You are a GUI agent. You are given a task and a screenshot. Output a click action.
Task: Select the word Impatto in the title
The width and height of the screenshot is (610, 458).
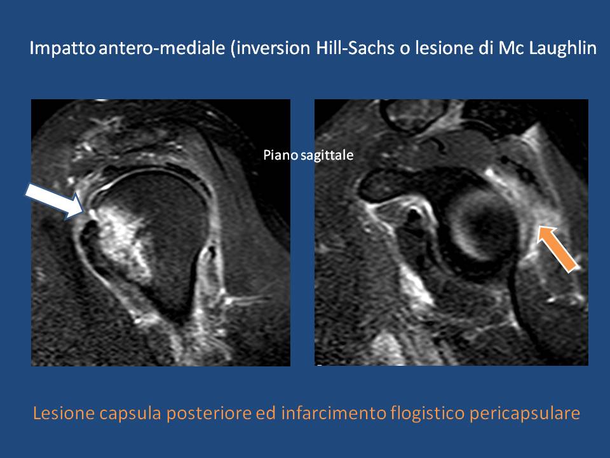point(62,48)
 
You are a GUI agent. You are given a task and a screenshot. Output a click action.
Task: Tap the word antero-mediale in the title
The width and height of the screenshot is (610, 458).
point(162,48)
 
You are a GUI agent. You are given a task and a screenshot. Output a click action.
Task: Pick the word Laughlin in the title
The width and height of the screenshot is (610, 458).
point(560,48)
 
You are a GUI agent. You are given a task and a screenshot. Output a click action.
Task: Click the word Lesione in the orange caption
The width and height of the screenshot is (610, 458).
point(64,413)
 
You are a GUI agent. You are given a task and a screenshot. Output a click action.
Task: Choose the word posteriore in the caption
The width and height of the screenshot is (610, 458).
point(209,413)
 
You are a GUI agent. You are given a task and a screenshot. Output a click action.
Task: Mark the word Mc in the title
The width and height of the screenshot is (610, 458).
point(509,48)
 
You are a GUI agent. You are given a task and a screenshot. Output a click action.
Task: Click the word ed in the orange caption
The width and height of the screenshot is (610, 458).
point(266,413)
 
